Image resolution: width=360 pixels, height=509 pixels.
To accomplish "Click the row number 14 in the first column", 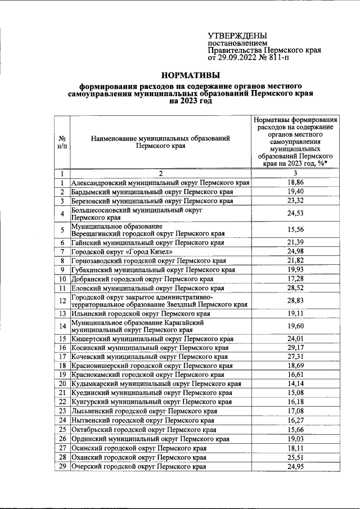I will click(x=63, y=326).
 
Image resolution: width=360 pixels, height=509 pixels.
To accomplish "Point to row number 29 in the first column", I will click(x=63, y=467).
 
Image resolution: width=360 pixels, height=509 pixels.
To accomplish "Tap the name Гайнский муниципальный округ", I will click(x=148, y=242).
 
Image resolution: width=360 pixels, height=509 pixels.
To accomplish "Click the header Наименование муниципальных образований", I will click(x=160, y=138).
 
